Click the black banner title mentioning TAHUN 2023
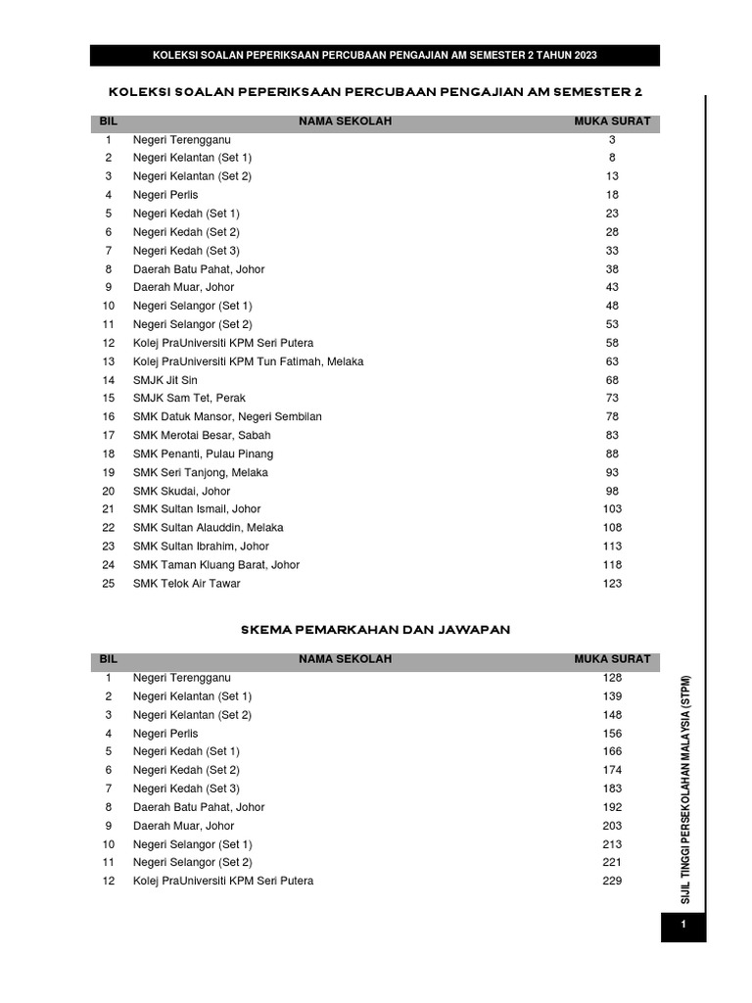(x=375, y=55)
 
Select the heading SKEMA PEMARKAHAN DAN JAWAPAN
(x=375, y=630)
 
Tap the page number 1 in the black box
(x=683, y=925)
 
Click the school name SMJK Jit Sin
(x=165, y=380)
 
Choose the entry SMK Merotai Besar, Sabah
(x=202, y=435)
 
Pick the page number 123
(x=612, y=584)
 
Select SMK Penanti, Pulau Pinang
(x=204, y=454)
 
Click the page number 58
(x=612, y=343)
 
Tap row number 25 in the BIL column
(x=109, y=584)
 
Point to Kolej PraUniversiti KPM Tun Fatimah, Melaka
(x=248, y=361)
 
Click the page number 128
(x=612, y=678)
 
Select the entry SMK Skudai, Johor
(x=182, y=491)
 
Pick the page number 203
(x=612, y=826)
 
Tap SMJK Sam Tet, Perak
(x=189, y=399)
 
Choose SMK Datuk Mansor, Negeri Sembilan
(x=227, y=416)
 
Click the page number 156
(x=612, y=734)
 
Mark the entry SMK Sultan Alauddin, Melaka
(x=209, y=528)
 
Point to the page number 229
(x=612, y=882)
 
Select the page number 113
(x=612, y=547)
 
